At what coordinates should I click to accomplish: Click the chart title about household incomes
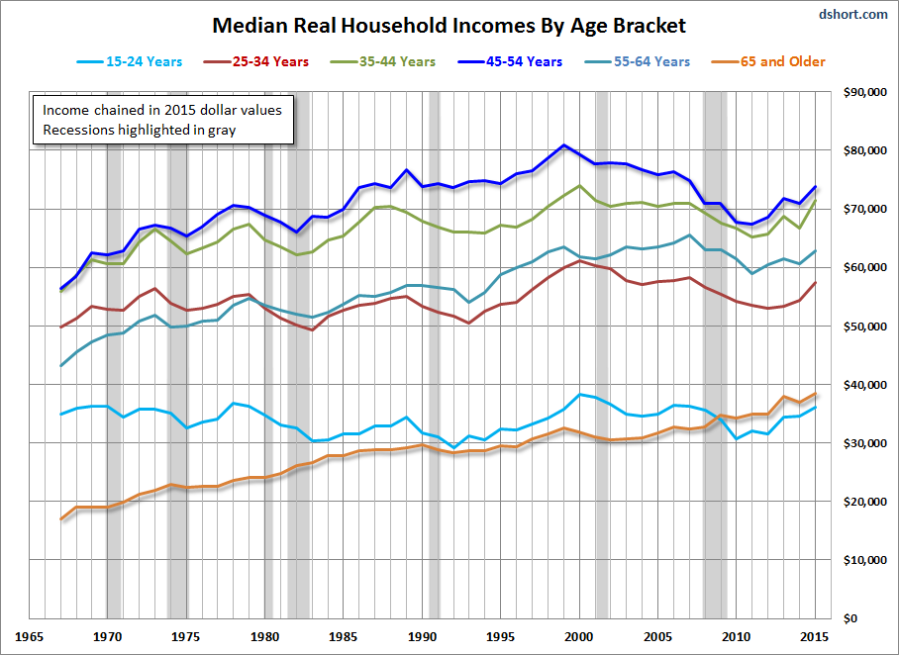449,25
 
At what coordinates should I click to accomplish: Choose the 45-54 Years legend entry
514,61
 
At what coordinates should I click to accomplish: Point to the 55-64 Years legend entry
642,61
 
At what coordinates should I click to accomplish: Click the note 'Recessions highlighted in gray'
139,129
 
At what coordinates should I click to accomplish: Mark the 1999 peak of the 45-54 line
563,145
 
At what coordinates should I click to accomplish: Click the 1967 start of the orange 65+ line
61,518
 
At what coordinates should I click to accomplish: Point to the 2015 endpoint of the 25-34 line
815,283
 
